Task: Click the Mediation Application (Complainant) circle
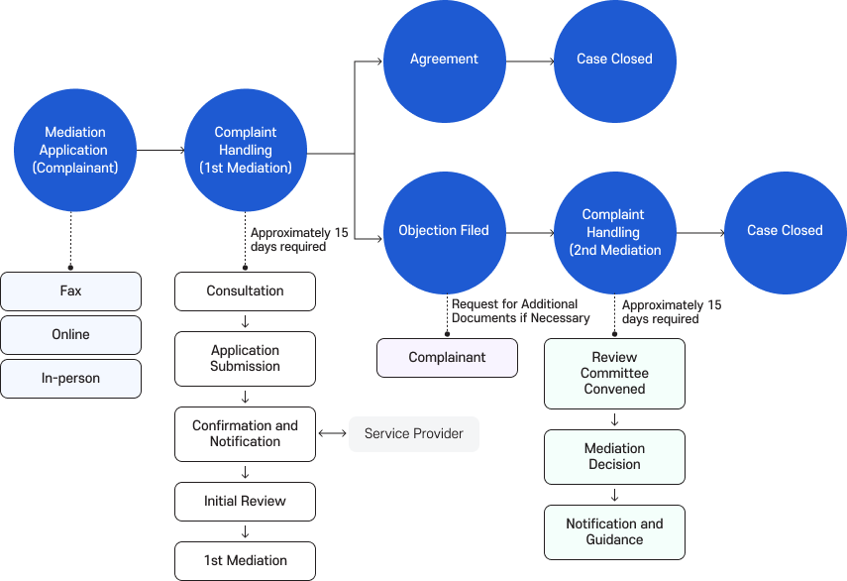(75, 150)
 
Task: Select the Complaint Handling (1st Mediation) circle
(246, 150)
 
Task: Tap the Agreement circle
(444, 59)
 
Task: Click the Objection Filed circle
(444, 230)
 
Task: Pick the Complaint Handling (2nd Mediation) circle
(614, 231)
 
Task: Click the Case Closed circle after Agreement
(614, 59)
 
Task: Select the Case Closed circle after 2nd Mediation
(785, 230)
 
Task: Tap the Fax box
(70, 291)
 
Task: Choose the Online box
(70, 335)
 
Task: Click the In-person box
(70, 379)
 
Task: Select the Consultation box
(245, 291)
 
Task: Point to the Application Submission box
(245, 359)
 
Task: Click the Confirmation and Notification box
(245, 434)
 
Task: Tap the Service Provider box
(414, 434)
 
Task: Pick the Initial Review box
(245, 502)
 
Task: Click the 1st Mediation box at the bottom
(245, 561)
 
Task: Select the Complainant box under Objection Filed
(447, 358)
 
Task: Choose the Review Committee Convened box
(614, 374)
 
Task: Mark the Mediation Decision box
(614, 457)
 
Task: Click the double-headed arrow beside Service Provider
(332, 434)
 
